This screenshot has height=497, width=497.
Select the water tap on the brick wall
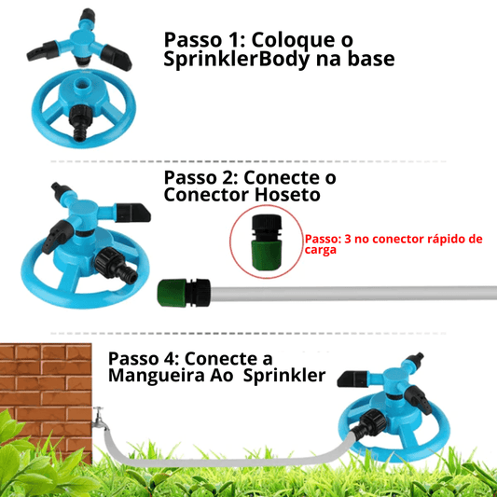coord(99,419)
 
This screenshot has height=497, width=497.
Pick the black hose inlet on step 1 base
coord(83,122)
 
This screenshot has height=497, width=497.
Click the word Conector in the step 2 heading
coord(205,195)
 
